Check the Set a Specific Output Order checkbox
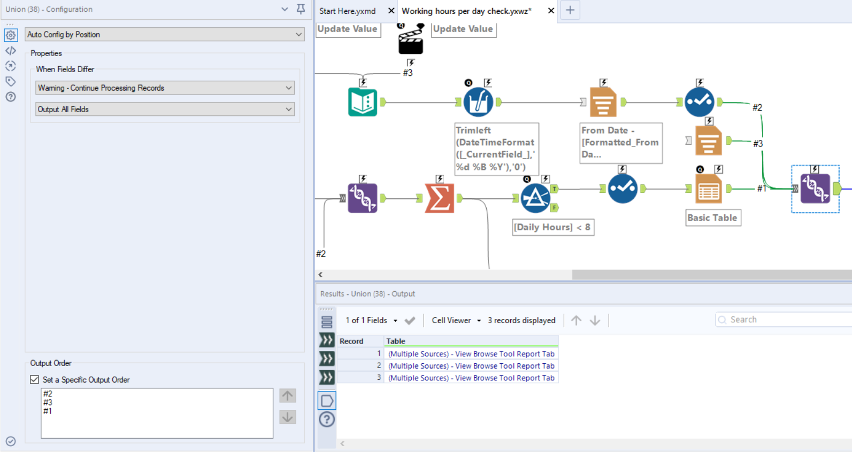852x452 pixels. pyautogui.click(x=35, y=380)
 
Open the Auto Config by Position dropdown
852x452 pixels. pyautogui.click(x=164, y=35)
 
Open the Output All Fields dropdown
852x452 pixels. pyautogui.click(x=164, y=110)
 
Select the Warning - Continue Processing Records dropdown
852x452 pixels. pyautogui.click(x=164, y=88)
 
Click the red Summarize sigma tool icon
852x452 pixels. pyautogui.click(x=439, y=198)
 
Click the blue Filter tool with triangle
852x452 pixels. pyautogui.click(x=535, y=198)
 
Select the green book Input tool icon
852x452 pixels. pyautogui.click(x=363, y=102)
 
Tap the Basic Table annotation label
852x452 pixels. pyautogui.click(x=712, y=218)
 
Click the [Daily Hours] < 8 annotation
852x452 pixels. pyautogui.click(x=552, y=228)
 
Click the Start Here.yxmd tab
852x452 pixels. pyautogui.click(x=348, y=11)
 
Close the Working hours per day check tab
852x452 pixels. pyautogui.click(x=551, y=11)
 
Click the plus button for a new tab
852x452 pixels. pyautogui.click(x=570, y=10)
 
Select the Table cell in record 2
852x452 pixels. pyautogui.click(x=471, y=366)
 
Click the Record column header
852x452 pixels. pyautogui.click(x=351, y=341)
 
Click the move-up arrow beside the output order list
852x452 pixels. pyautogui.click(x=287, y=396)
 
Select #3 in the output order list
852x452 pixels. pyautogui.click(x=48, y=402)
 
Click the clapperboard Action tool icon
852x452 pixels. pyautogui.click(x=411, y=41)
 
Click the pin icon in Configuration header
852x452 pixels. pyautogui.click(x=301, y=9)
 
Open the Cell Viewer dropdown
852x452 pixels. pyautogui.click(x=456, y=321)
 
